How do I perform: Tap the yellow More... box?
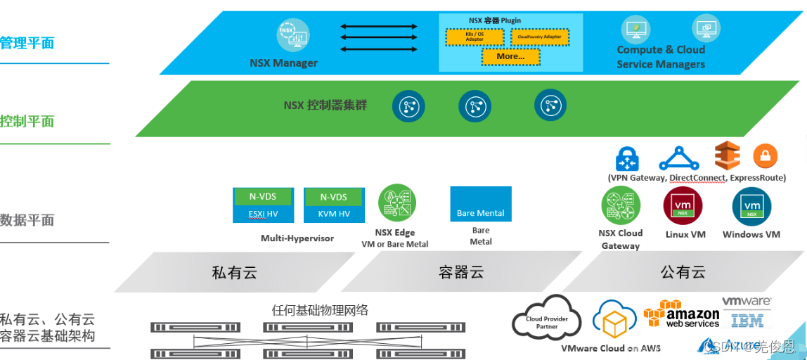(510, 56)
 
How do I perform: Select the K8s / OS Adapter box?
(474, 36)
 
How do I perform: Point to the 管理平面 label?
(27, 43)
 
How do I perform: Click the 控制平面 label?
(27, 121)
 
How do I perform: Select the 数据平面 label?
(27, 220)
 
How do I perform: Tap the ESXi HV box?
(263, 213)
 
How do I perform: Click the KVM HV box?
(334, 213)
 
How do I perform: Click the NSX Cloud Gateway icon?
(620, 205)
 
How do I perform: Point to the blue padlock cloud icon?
(626, 158)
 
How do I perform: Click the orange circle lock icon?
(765, 156)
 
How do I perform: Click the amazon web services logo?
(682, 315)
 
